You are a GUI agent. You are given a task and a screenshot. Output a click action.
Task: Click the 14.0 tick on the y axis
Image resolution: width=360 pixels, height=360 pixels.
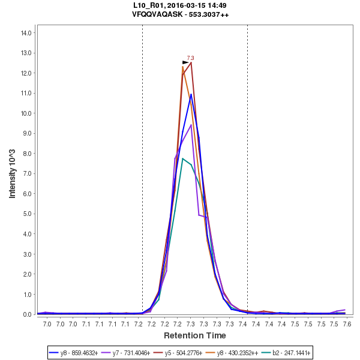pos(26,33)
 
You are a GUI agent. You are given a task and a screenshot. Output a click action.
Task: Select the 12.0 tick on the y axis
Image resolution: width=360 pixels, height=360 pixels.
pos(26,73)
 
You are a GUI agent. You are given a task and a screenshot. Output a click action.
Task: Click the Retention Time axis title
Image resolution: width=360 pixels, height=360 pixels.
pos(195,335)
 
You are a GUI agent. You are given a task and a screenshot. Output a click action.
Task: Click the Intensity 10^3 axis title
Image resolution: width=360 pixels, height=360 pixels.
pos(13,174)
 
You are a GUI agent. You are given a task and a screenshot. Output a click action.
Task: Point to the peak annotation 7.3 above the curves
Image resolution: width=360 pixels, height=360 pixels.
pos(191,58)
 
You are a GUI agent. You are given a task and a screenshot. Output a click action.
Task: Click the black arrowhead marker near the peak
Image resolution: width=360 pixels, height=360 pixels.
pos(185,62)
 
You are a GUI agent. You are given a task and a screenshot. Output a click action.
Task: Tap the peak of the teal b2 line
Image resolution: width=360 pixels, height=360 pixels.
pos(183,158)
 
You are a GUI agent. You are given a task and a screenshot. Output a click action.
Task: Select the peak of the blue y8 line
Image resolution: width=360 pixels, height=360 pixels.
pos(191,94)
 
